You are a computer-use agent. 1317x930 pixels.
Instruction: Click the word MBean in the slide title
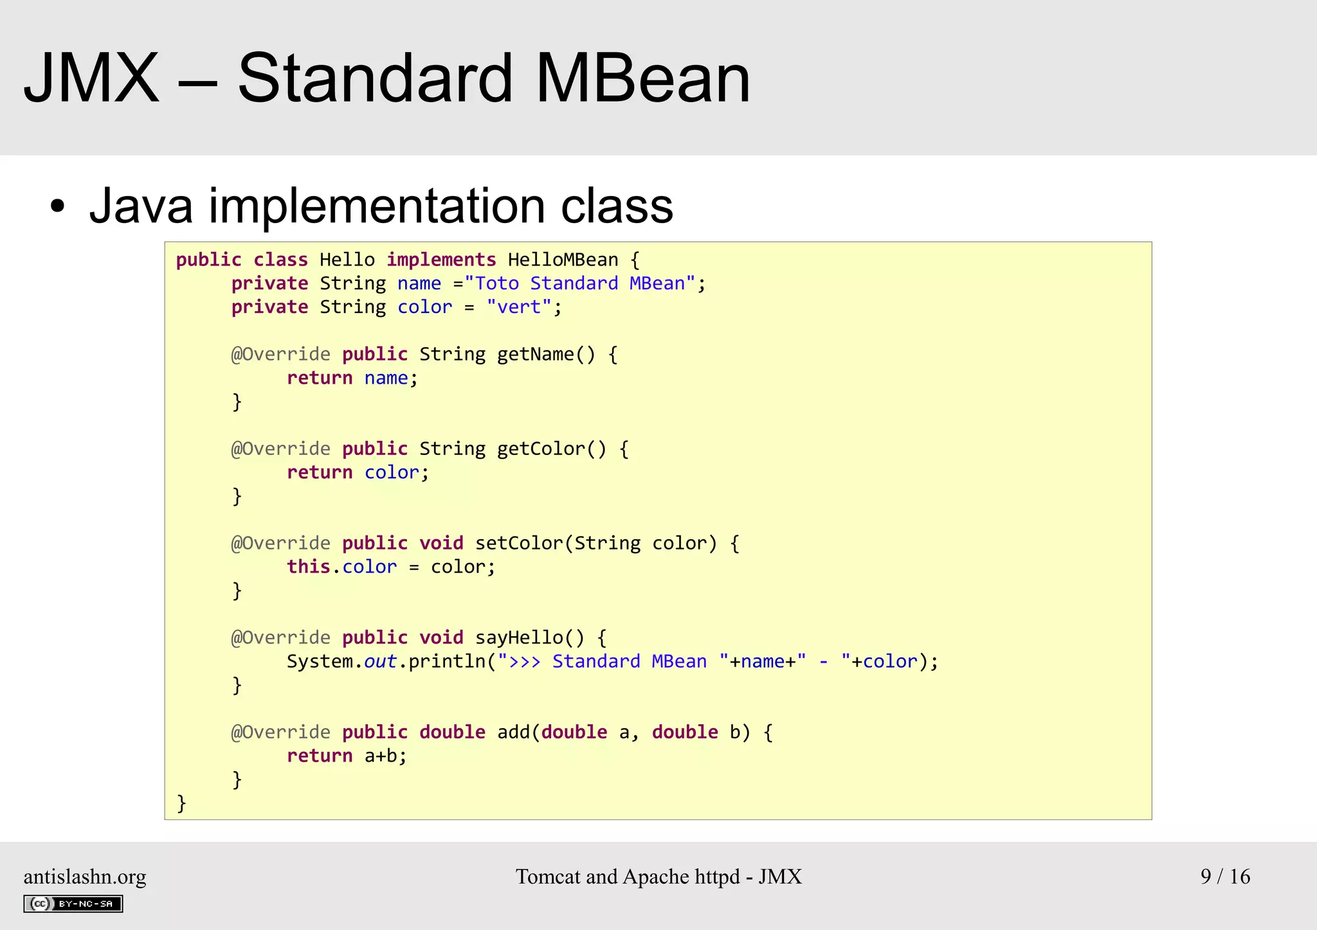click(642, 78)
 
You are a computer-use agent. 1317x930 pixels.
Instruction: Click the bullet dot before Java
click(58, 207)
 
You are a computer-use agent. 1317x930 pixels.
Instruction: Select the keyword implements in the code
click(441, 260)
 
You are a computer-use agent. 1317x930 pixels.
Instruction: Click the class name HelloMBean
click(563, 260)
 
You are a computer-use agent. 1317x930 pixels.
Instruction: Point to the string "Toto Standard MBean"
click(579, 283)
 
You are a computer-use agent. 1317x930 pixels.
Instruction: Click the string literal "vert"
click(519, 307)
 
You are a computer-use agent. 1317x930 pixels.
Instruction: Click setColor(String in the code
click(558, 543)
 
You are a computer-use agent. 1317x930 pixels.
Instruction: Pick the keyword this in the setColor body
click(308, 567)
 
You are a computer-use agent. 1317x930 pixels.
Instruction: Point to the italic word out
click(380, 661)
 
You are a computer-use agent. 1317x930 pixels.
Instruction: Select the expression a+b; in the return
click(386, 756)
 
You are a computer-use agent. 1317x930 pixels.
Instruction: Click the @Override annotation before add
click(281, 732)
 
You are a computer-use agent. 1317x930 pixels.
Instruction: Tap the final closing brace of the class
click(181, 803)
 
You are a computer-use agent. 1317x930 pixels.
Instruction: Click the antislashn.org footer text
click(85, 877)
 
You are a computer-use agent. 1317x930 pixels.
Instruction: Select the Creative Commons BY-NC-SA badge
click(73, 904)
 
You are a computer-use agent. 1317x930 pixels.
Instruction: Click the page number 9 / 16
click(1225, 876)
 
